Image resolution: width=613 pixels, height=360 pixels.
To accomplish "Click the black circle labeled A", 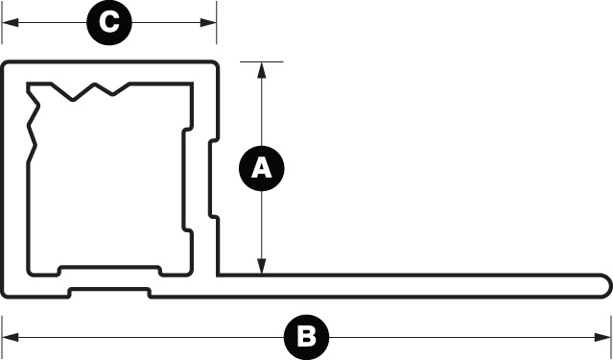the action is coord(262,169).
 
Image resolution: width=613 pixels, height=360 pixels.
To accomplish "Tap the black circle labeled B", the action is coord(306,337).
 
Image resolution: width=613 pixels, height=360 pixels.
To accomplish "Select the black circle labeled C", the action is coord(109,22).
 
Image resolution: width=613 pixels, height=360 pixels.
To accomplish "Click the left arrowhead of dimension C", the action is coord(11,22).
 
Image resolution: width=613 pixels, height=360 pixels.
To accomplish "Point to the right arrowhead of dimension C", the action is coord(208,22).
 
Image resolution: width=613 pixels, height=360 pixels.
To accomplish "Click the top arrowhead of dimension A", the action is coord(262,70).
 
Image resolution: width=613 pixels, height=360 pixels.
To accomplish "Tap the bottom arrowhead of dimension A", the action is coord(262,266).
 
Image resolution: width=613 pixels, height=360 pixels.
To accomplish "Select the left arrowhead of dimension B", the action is coord(11,337).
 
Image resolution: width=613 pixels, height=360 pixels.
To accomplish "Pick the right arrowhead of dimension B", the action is coord(602,337).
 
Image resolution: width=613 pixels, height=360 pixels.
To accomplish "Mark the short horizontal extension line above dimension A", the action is coord(262,61).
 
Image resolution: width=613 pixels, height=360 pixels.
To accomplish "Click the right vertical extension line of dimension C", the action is coord(216,22).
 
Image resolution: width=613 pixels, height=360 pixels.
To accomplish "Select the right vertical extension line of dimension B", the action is coord(611,337).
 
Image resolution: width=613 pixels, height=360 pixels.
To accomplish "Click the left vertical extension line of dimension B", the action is coord(2,337).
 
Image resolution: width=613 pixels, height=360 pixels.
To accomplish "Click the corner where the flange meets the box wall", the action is coord(219,275).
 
